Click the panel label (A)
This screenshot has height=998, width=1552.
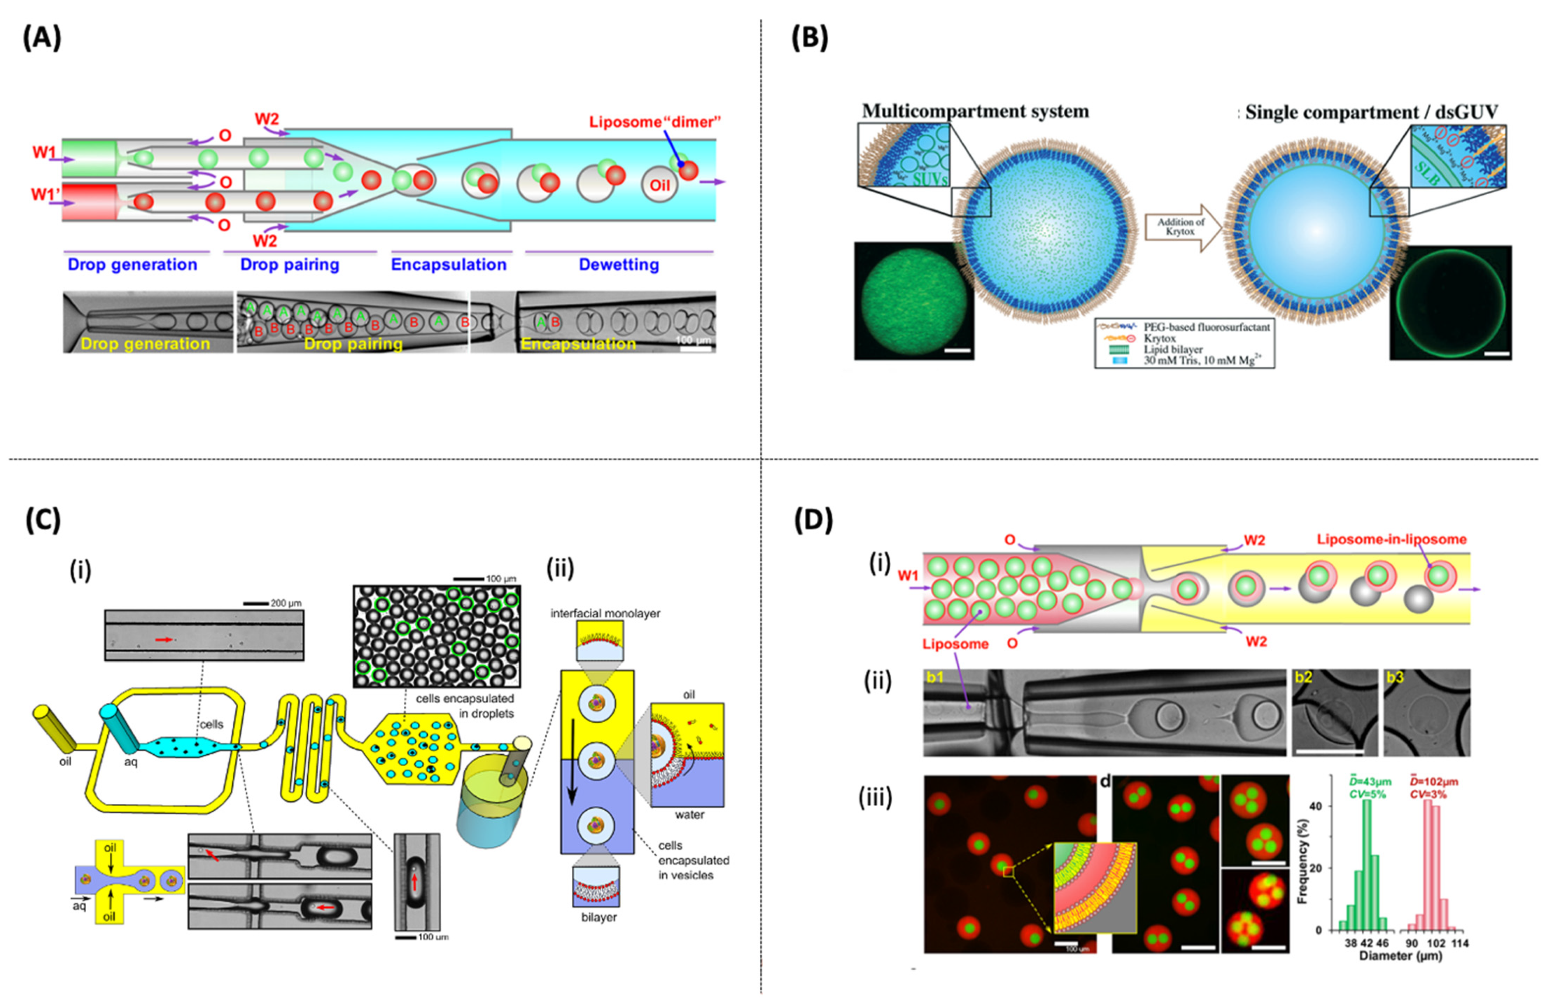coord(42,39)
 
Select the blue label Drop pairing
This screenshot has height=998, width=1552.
coord(290,265)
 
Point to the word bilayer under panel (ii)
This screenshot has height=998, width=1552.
coord(599,917)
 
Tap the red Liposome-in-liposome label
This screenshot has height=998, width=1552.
coord(1391,539)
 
